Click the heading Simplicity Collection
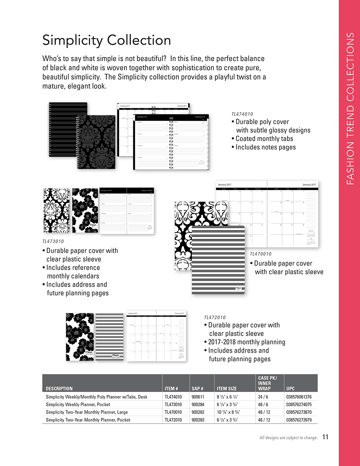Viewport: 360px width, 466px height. [107, 40]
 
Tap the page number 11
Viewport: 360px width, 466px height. [325, 437]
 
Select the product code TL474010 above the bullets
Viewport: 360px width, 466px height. [242, 114]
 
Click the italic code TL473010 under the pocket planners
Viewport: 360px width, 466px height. [53, 242]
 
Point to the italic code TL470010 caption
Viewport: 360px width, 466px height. [261, 254]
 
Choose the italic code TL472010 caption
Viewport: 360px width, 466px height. [215, 317]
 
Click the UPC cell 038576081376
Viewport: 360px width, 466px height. [299, 397]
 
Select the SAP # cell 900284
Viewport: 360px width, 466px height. [198, 404]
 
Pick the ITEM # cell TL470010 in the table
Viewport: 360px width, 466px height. [173, 412]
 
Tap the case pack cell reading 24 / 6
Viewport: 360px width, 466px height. [263, 397]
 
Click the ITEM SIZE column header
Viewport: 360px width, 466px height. [226, 389]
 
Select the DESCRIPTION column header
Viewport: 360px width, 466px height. [59, 389]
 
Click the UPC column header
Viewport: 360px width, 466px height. [290, 389]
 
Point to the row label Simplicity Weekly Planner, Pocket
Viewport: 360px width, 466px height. [78, 404]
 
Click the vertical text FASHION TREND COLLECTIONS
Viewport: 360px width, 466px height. [350, 108]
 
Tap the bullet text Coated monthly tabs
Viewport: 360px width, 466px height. [264, 139]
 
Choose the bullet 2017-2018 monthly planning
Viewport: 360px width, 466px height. [246, 342]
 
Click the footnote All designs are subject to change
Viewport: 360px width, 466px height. [288, 438]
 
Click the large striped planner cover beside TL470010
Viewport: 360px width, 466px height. [218, 260]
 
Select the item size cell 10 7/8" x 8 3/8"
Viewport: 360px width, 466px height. [228, 412]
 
